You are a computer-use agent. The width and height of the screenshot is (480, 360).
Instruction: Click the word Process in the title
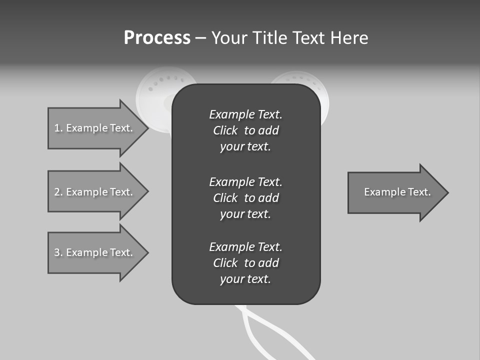(157, 38)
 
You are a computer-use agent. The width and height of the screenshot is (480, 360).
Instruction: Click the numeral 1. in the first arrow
(58, 128)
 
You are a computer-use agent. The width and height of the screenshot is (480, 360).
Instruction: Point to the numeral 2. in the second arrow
(58, 192)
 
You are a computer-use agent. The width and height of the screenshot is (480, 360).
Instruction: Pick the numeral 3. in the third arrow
(58, 252)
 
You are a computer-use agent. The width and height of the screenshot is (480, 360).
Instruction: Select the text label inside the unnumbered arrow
(397, 192)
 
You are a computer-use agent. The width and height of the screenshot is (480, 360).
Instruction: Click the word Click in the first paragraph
(225, 130)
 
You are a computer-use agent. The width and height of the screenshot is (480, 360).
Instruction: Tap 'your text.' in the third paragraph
(245, 279)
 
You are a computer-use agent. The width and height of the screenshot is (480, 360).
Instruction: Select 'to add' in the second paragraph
(261, 198)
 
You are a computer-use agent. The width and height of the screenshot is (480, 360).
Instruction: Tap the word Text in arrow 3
(121, 252)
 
